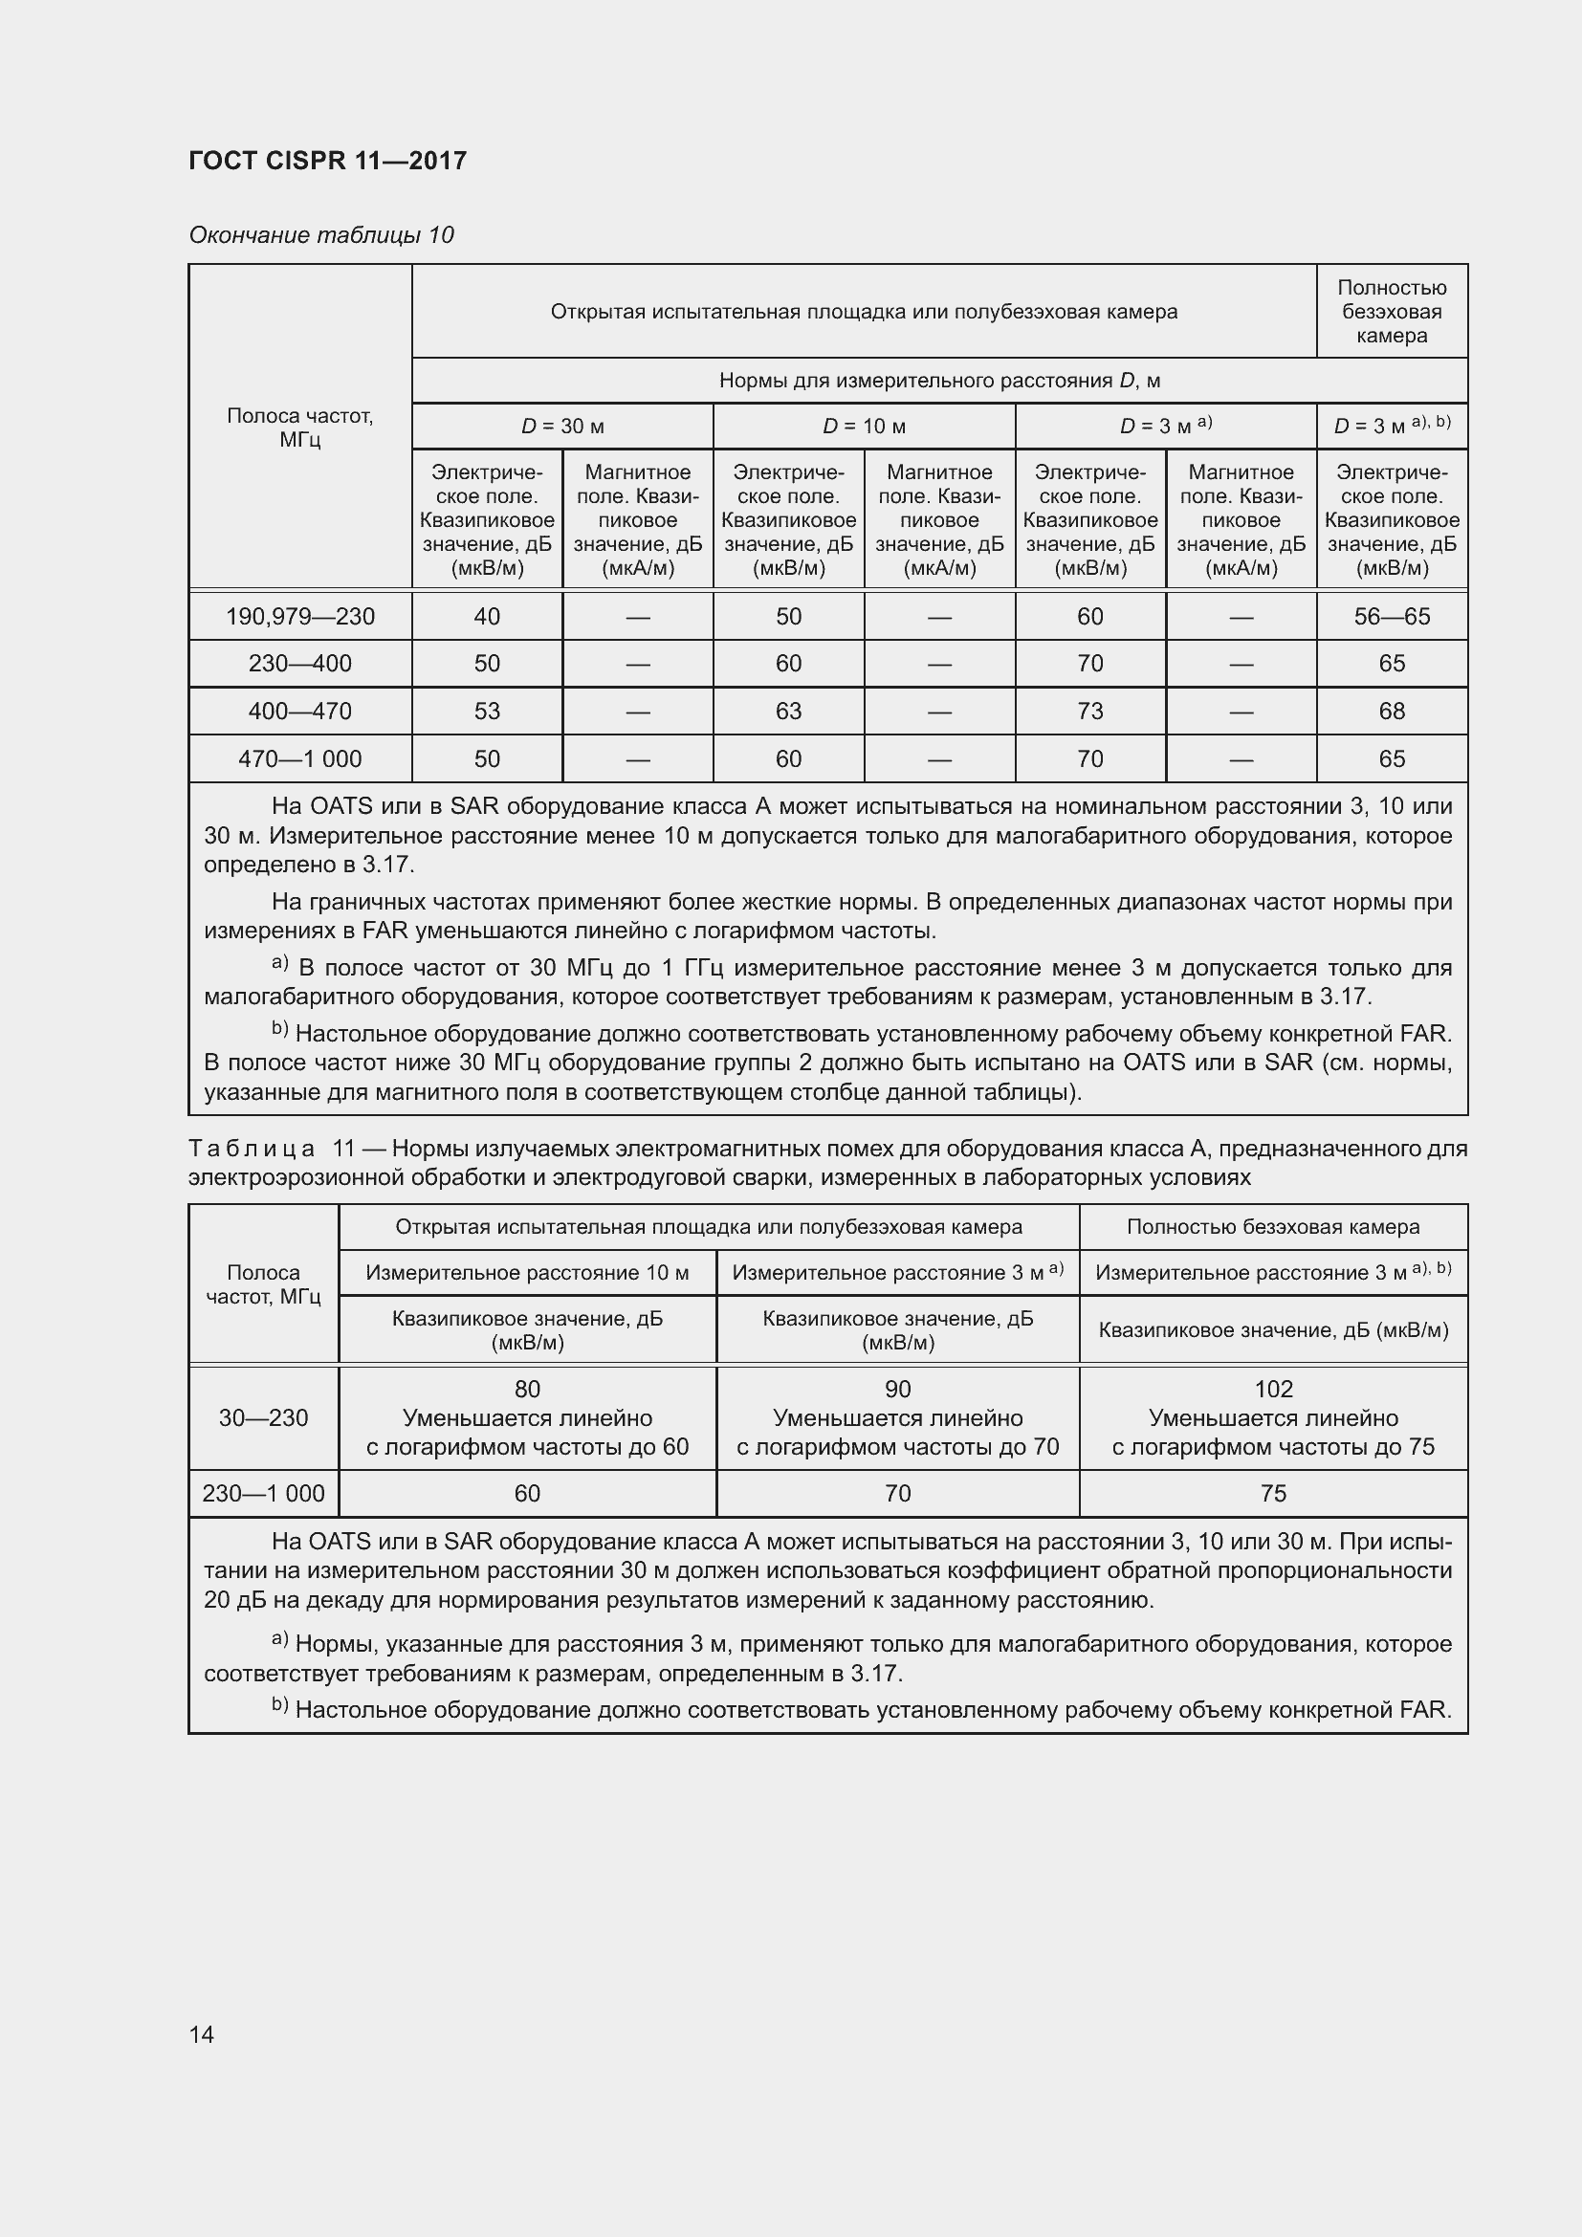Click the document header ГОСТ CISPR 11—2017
pyautogui.click(x=327, y=161)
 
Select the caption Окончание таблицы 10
pyautogui.click(x=321, y=235)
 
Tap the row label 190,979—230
pyautogui.click(x=300, y=616)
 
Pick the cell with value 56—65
pyautogui.click(x=1391, y=616)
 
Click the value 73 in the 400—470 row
pyautogui.click(x=1090, y=712)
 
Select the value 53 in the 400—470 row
pyautogui.click(x=487, y=712)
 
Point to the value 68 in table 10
pyautogui.click(x=1391, y=712)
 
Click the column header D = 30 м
pyautogui.click(x=562, y=426)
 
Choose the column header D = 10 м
pyautogui.click(x=864, y=426)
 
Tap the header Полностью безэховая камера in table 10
pyautogui.click(x=1391, y=312)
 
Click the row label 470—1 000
pyautogui.click(x=300, y=759)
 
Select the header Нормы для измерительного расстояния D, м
pyautogui.click(x=939, y=380)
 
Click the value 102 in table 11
pyautogui.click(x=1273, y=1389)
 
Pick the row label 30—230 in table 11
pyautogui.click(x=263, y=1417)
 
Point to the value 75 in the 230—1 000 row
pyautogui.click(x=1273, y=1493)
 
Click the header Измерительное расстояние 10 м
pyautogui.click(x=527, y=1272)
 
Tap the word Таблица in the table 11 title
pyautogui.click(x=252, y=1149)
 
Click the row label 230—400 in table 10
pyautogui.click(x=300, y=664)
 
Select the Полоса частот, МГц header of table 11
pyautogui.click(x=263, y=1284)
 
